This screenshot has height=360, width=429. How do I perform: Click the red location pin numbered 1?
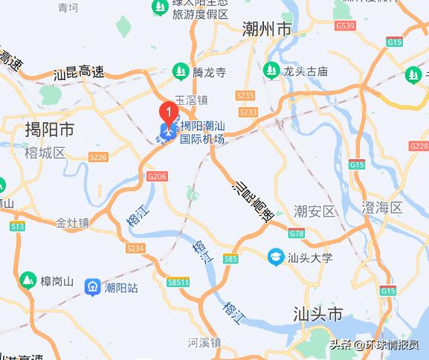[168, 114]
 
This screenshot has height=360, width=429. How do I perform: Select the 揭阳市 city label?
[49, 130]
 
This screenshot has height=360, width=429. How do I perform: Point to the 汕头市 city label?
[317, 312]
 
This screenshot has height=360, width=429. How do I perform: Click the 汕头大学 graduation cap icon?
[275, 257]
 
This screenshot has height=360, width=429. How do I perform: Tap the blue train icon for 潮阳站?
[93, 286]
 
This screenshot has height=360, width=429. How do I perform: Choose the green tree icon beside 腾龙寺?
[180, 71]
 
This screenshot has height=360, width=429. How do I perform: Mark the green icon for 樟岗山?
[27, 280]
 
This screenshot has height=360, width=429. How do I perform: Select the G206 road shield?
[155, 176]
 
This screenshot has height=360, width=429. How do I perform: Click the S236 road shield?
[98, 157]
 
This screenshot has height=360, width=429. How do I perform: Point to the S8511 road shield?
[178, 283]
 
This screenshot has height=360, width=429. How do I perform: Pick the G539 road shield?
[344, 25]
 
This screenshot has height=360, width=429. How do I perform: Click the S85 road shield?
[230, 259]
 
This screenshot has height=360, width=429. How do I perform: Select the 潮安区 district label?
[315, 211]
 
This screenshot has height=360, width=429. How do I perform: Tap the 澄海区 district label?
[381, 207]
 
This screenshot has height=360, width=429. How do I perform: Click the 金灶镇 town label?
[72, 222]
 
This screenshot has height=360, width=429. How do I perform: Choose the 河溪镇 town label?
[204, 343]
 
